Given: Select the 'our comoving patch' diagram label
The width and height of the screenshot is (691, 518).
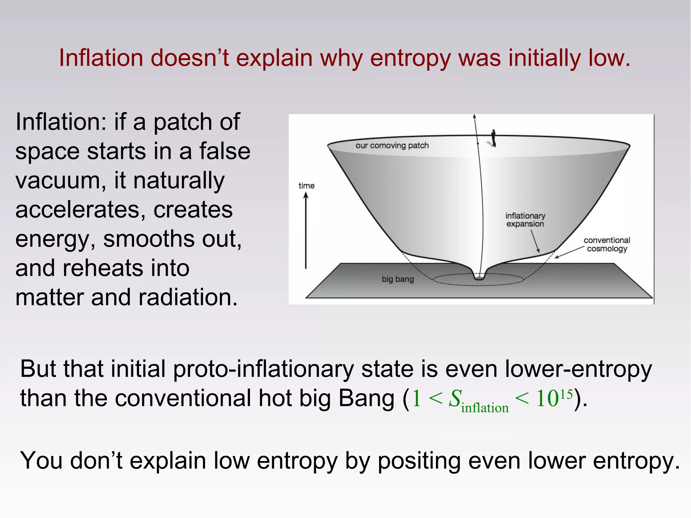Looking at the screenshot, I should pos(392,145).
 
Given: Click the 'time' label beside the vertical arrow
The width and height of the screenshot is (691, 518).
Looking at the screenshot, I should pos(306,186).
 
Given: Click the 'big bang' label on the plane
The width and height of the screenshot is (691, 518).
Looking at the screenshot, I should pos(397,279).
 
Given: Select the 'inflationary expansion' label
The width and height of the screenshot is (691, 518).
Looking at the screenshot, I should pos(525,220).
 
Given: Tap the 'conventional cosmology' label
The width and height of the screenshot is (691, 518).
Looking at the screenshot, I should pos(607,244).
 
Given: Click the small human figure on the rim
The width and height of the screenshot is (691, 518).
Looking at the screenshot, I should pos(493,138).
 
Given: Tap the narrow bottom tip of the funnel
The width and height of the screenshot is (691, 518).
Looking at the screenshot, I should pos(479,277).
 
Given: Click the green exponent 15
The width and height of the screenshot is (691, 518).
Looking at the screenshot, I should pos(566,394).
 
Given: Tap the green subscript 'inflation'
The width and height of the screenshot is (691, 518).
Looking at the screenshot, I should pos(485,408).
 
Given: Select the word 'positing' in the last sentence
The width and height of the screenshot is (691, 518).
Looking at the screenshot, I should pos(419,461).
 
